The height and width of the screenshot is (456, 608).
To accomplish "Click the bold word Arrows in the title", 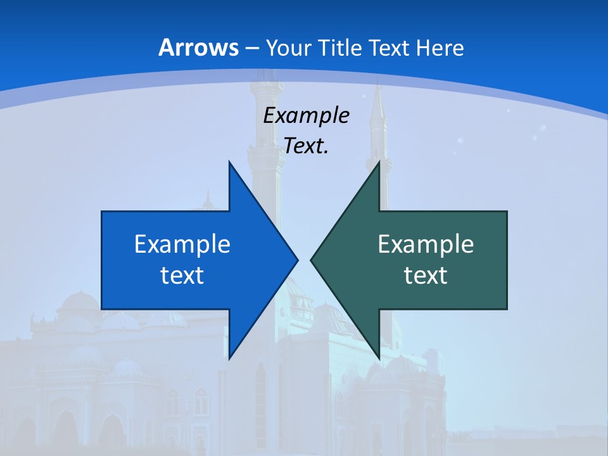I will click(198, 47).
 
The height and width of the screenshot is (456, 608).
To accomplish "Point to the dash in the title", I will click(250, 48).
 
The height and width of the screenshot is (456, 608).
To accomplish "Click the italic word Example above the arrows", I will click(306, 116).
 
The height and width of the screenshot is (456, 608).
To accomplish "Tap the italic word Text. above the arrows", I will click(306, 146).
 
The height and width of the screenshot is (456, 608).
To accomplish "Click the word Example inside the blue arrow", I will click(182, 244).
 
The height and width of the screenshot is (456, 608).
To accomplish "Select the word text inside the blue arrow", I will click(182, 275).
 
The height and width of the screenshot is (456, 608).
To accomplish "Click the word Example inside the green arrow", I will click(426, 244).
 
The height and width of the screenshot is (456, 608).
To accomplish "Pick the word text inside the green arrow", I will click(426, 275).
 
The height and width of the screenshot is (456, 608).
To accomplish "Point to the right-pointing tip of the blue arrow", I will click(298, 260).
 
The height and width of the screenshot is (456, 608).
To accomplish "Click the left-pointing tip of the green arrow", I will click(311, 260).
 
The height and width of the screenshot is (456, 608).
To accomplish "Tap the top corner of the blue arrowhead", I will click(229, 162).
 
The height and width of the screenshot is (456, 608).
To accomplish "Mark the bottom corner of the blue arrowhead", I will click(229, 358).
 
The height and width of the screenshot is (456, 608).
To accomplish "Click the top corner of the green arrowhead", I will click(379, 162).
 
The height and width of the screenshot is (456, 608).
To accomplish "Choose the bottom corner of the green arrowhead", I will click(379, 358).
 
